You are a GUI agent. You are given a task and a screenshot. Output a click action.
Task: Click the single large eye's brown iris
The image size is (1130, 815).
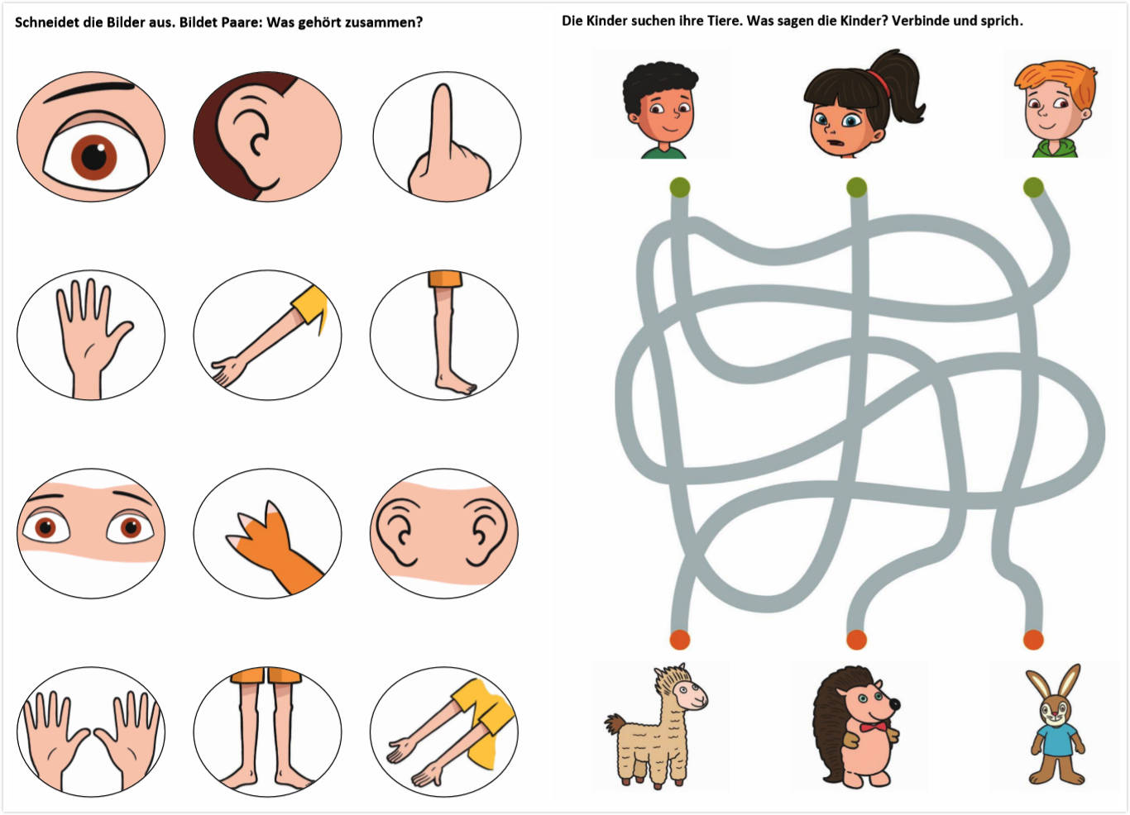click(x=93, y=158)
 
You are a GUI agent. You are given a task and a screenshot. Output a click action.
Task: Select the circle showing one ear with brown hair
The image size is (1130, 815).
click(x=267, y=136)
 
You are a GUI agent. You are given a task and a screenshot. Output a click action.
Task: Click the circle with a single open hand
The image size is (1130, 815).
click(x=91, y=335)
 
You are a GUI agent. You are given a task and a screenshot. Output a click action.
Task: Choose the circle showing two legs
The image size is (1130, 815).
click(x=267, y=732)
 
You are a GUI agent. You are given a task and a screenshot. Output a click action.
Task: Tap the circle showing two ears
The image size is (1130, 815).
click(x=444, y=533)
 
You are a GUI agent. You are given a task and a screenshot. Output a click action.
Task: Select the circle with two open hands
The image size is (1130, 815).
click(x=91, y=732)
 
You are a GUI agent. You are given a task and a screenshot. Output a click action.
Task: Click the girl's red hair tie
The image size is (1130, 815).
click(x=879, y=83)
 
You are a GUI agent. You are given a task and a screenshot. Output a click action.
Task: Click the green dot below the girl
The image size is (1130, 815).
click(x=856, y=188)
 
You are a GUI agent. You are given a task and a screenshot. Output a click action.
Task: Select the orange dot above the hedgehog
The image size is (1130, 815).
click(x=856, y=640)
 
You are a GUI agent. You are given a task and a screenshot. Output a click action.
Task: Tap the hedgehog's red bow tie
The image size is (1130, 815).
click(x=873, y=727)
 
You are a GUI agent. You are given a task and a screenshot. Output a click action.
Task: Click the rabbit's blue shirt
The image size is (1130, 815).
click(x=1059, y=740)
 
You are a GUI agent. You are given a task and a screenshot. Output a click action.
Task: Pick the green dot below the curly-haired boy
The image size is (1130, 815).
click(x=680, y=188)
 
